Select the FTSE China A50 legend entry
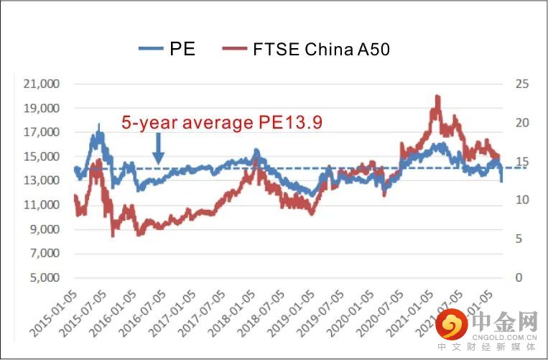[x=307, y=49]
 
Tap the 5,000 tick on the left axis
[x=45, y=278]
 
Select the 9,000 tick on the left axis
[x=45, y=230]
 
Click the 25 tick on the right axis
[x=522, y=84]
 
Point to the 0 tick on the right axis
[x=519, y=278]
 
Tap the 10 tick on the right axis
[x=522, y=200]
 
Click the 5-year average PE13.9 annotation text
[x=221, y=123]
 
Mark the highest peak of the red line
[x=437, y=96]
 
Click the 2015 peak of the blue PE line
[x=99, y=126]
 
